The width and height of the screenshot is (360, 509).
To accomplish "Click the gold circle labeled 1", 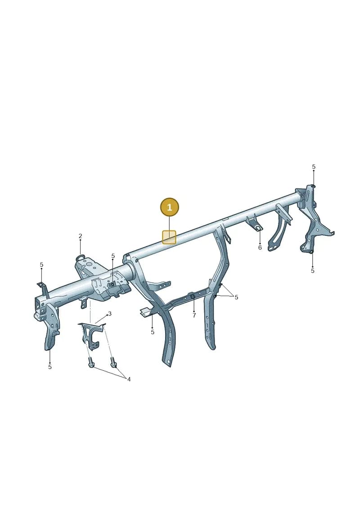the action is tap(170, 207).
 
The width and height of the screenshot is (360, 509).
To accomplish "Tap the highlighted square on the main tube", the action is tap(169, 237).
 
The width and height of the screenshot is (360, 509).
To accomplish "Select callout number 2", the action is tap(80, 236).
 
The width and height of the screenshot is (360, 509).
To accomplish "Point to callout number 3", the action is tap(110, 314).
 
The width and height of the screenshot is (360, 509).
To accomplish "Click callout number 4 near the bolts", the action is tap(129, 379).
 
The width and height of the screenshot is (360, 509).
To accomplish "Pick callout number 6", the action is tap(260, 248).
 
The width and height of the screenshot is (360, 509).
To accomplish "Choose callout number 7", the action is tap(194, 315).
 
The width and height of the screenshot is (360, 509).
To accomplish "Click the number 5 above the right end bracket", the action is tap(314, 167).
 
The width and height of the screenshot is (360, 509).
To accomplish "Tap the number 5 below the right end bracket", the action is tap(313, 270).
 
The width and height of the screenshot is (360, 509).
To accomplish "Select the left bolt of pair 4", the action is tap(90, 363).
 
